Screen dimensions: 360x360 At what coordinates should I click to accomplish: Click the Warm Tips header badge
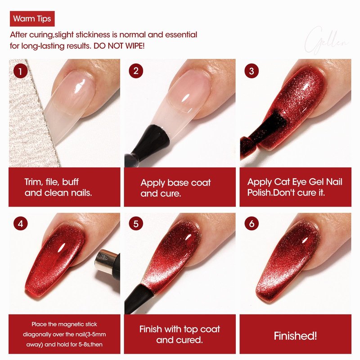pos(32,18)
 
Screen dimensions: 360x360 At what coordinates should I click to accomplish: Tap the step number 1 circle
pos(20,71)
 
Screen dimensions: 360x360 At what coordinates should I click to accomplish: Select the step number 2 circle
pos(136,71)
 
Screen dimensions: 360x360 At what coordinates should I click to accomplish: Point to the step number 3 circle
pos(252,71)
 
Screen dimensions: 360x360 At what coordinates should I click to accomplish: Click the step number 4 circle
pos(20,223)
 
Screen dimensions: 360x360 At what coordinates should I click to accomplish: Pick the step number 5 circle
pos(136,223)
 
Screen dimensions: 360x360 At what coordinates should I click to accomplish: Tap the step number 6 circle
pos(252,223)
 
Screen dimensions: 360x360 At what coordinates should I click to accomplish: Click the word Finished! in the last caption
pos(295,336)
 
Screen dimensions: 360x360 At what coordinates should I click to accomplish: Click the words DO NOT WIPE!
pos(119,46)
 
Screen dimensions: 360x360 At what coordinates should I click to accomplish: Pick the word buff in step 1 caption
pos(70,182)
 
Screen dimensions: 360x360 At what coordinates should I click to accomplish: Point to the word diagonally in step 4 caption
pos(37,334)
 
